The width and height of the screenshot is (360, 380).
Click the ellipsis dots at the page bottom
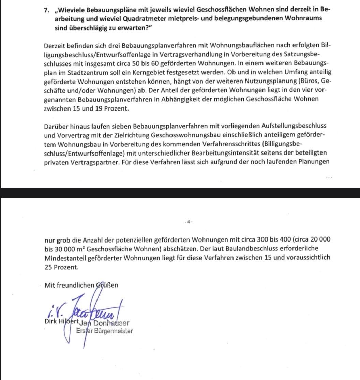point(329,177)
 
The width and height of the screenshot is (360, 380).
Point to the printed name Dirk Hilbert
point(62,321)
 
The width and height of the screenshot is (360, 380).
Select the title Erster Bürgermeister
point(104,331)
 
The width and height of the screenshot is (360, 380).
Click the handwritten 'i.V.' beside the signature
point(53,310)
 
